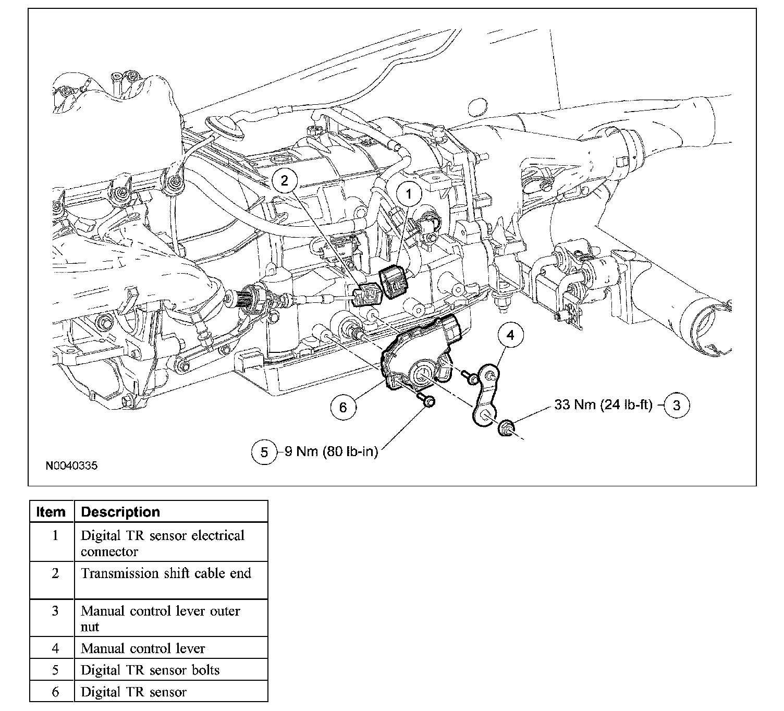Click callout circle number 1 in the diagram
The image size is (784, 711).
coord(409,194)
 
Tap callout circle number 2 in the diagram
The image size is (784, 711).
coord(284,180)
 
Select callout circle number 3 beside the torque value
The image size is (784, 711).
coord(676,405)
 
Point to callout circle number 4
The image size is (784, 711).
coord(510,335)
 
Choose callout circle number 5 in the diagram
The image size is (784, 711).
coord(264,452)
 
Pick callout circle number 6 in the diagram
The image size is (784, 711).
coord(342,407)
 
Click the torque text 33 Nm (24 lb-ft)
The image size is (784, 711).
coord(603,405)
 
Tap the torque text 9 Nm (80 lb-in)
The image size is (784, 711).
coord(331,451)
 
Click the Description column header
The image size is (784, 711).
coord(120,512)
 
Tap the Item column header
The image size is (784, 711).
coord(51,512)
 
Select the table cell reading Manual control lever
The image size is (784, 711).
coord(143,648)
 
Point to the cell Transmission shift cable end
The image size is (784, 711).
coord(166,573)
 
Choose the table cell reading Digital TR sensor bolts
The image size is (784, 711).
coord(150,670)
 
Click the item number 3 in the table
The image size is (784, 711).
coord(55,610)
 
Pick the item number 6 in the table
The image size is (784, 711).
coord(55,692)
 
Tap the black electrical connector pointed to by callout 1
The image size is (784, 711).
coord(395,282)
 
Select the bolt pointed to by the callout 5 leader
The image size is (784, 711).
coord(428,401)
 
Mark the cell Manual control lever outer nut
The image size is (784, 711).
coord(161,618)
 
